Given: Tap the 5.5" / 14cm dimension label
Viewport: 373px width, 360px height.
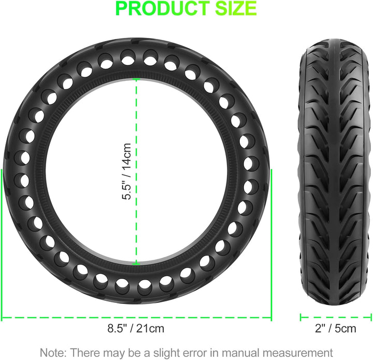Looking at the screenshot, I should pos(126,174).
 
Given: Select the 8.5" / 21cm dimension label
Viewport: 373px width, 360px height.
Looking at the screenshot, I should pos(136,328).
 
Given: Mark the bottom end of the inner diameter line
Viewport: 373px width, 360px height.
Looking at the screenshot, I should pos(136,264).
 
